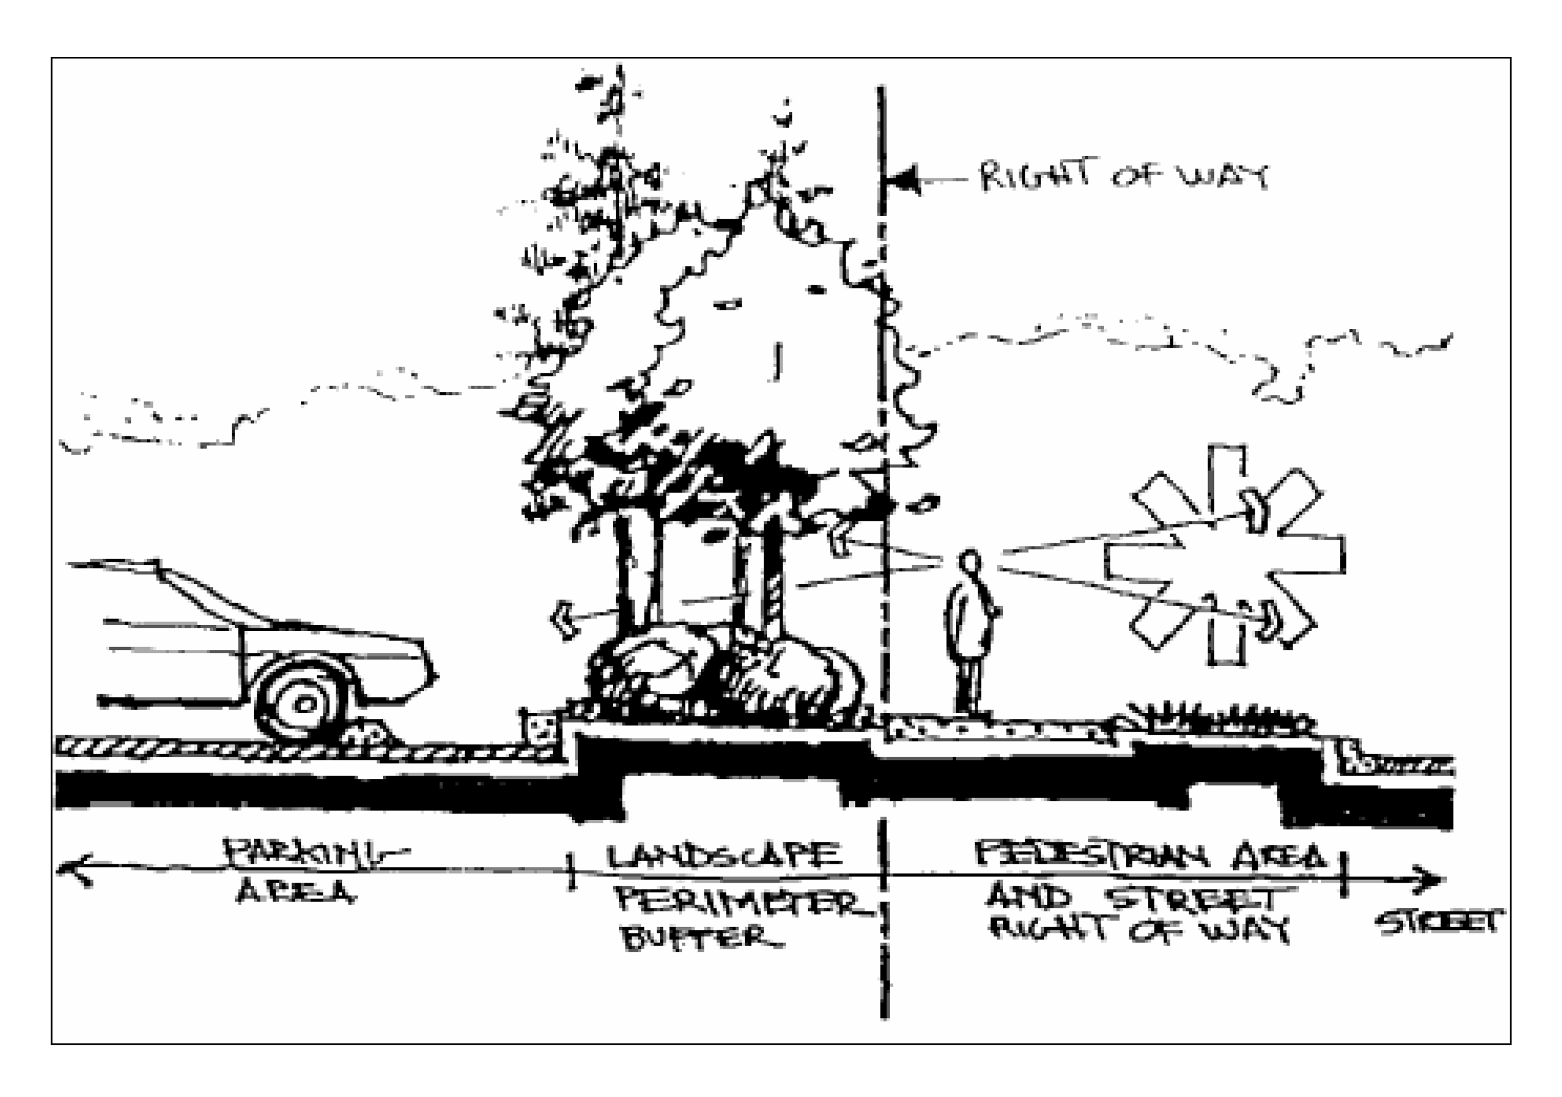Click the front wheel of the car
tap(303, 704)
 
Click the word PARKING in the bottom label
tap(314, 855)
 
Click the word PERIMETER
tap(743, 902)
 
